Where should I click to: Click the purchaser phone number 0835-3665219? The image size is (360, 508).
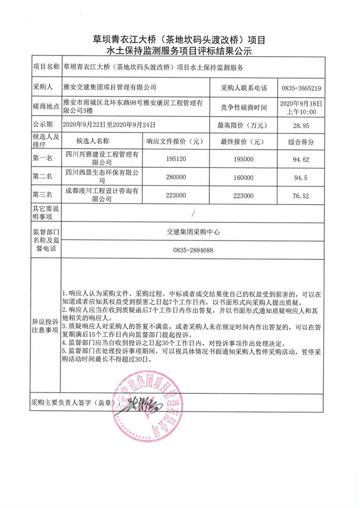[x=301, y=88]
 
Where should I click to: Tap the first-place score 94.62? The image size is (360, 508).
[x=301, y=159]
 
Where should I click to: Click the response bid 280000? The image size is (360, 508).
[x=176, y=178]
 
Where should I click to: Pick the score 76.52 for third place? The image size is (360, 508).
[x=301, y=196]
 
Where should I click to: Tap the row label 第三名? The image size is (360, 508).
[x=43, y=196]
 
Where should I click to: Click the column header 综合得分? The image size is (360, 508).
[x=301, y=142]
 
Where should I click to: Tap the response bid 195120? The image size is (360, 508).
[x=176, y=159]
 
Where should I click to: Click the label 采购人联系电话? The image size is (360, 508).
[x=244, y=88]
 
